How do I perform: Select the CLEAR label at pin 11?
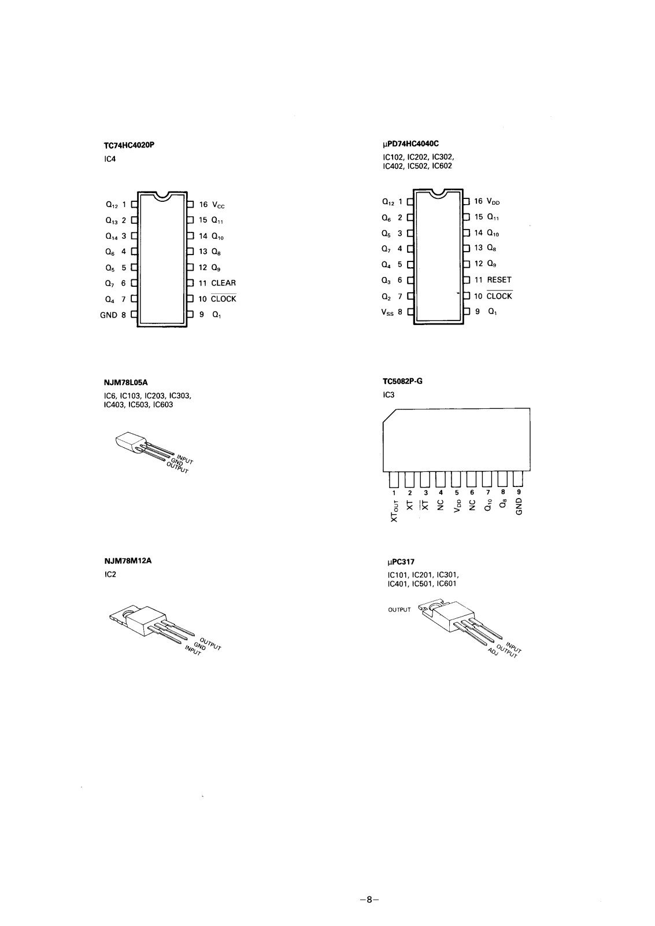click(224, 283)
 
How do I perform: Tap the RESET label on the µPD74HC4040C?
click(499, 279)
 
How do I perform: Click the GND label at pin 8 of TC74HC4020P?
click(109, 315)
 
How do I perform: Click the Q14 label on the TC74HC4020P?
click(111, 236)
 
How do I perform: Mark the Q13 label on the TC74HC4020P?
click(111, 220)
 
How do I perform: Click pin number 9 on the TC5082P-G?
click(519, 492)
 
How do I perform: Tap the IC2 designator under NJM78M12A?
click(110, 574)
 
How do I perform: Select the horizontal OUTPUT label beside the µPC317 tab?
click(399, 610)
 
